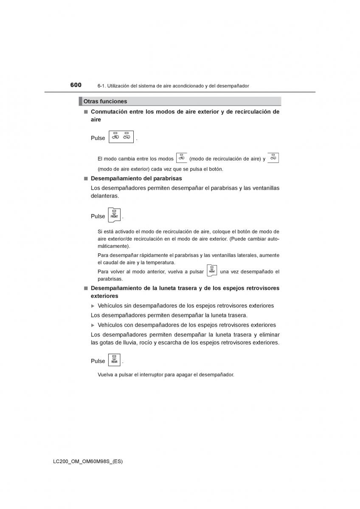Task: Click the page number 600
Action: [76, 85]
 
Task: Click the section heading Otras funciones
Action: [105, 101]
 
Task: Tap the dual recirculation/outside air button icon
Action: [121, 137]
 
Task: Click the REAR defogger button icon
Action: [114, 360]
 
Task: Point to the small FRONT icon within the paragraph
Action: [212, 271]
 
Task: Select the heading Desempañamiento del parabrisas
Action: [136, 179]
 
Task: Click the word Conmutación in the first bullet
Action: [109, 112]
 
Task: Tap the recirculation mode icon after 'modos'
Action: [181, 158]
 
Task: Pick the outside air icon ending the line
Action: [273, 158]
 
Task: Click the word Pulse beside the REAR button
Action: [98, 361]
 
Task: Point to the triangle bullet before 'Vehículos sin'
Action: [93, 306]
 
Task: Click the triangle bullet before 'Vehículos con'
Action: [93, 325]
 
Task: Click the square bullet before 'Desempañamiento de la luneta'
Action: [85, 288]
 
